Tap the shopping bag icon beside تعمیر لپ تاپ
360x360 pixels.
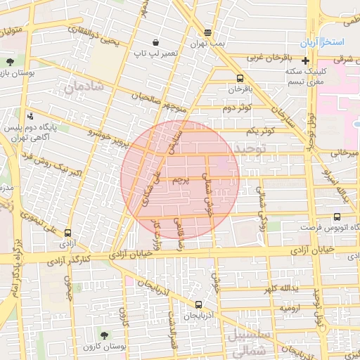[x=155, y=42]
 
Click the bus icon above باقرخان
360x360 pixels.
[x=240, y=79]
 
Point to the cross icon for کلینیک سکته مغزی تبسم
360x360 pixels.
[x=305, y=62]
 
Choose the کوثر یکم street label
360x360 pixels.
[x=260, y=131]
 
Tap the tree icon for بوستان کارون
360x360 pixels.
[x=105, y=335]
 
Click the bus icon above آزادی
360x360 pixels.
[x=67, y=233]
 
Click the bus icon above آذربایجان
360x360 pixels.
[x=199, y=305]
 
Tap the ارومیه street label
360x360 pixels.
[x=291, y=308]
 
